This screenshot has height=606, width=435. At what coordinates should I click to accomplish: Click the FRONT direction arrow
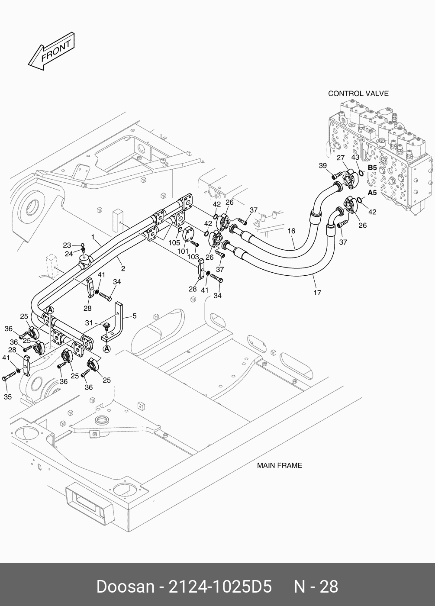[x=52, y=52]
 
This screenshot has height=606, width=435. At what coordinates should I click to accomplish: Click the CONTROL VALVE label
[x=358, y=93]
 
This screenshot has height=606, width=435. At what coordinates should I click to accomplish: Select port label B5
[x=372, y=168]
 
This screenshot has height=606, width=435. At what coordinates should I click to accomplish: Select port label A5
[x=372, y=193]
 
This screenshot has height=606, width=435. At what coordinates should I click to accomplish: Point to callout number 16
[x=291, y=231]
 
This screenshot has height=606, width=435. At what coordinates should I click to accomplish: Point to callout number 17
[x=317, y=293]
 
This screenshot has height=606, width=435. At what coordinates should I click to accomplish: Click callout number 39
[x=323, y=165]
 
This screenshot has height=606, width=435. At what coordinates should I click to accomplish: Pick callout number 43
[x=355, y=157]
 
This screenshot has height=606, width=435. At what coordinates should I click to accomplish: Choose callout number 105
[x=174, y=243]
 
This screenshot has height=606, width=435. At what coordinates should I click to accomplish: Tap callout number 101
[x=183, y=251]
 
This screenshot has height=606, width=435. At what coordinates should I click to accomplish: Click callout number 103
[x=193, y=257]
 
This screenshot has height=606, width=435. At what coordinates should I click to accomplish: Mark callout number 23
[x=67, y=245]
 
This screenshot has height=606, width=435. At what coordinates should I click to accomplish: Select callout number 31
[x=89, y=323]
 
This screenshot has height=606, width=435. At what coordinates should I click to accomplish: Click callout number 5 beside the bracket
[x=135, y=316]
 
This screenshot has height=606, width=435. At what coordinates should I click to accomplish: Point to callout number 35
[x=8, y=397]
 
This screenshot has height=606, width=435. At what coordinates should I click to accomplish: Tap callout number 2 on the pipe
[x=123, y=269]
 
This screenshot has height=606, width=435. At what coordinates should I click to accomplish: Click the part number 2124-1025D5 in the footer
[x=220, y=587]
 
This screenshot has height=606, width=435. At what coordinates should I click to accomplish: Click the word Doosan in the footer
[x=126, y=587]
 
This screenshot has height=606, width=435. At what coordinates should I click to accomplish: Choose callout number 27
[x=341, y=158]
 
